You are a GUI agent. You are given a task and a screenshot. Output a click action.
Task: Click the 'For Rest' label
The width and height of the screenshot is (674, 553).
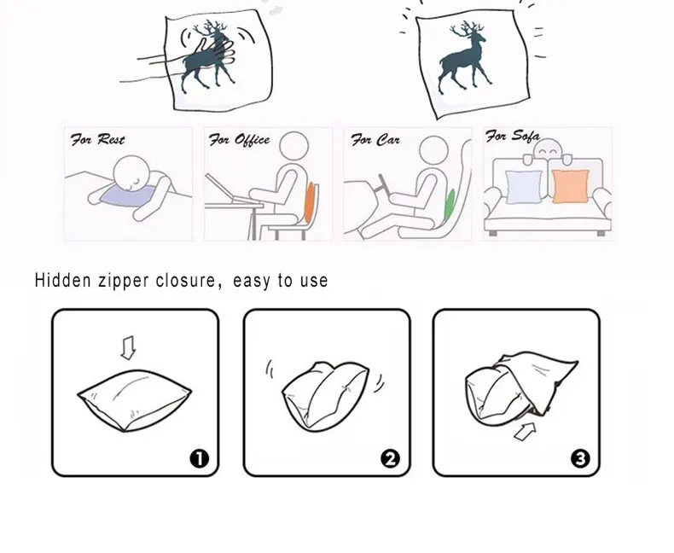click(97, 140)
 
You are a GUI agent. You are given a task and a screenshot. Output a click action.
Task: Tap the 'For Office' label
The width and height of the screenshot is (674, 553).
click(239, 140)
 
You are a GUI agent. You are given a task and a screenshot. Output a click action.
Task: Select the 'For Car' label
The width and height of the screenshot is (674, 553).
click(375, 140)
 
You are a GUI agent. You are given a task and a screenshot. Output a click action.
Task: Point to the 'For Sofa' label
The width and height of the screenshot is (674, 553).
click(513, 137)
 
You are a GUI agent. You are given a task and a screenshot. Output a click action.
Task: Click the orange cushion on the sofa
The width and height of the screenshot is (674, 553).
click(571, 186)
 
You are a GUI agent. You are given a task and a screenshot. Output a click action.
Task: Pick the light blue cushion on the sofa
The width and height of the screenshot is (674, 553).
click(525, 187)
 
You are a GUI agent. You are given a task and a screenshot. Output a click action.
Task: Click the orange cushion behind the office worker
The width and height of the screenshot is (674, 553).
click(310, 202)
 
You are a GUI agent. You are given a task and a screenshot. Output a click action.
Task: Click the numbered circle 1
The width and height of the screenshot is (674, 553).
click(199, 459)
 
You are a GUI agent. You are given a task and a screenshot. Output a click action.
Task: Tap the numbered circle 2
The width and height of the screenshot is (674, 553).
click(390, 459)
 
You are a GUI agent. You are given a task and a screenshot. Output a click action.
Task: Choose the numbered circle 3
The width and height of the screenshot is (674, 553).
click(580, 459)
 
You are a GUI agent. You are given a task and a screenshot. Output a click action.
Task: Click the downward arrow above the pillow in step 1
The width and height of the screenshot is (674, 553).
click(128, 348)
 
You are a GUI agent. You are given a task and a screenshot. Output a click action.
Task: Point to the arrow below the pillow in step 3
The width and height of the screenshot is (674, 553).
click(526, 431)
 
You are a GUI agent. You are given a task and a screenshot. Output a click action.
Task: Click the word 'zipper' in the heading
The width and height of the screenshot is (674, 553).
click(124, 281)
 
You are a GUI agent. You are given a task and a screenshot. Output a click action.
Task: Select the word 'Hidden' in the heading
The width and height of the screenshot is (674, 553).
click(63, 281)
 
